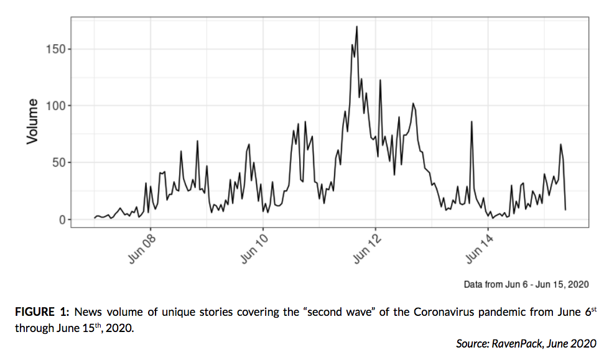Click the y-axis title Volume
click(32, 122)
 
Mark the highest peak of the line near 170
click(356, 26)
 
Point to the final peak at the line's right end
click(560, 144)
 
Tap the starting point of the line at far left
click(95, 218)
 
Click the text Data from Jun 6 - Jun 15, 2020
click(526, 284)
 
